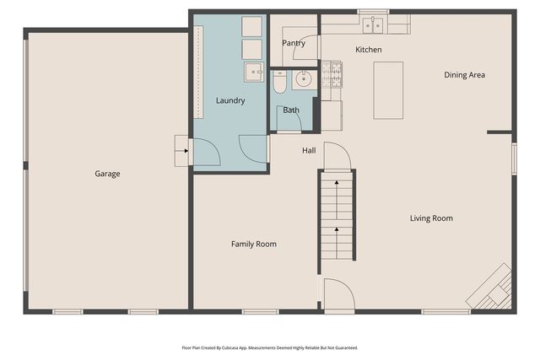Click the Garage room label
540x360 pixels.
[x=107, y=174]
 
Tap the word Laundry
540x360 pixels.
[x=229, y=100]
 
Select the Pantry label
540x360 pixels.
[x=293, y=43]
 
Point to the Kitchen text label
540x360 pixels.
[x=368, y=50]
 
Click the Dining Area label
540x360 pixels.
[x=464, y=75]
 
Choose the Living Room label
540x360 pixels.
[x=431, y=218]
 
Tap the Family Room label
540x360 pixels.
[x=254, y=244]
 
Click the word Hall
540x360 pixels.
[x=309, y=151]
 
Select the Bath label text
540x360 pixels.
[x=291, y=110]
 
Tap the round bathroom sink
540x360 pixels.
[x=302, y=79]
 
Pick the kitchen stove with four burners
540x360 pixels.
[x=332, y=75]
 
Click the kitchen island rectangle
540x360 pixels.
[x=388, y=90]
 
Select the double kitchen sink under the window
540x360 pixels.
[x=372, y=25]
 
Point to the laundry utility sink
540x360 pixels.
[x=253, y=73]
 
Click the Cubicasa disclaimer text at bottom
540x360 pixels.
[x=269, y=347]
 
